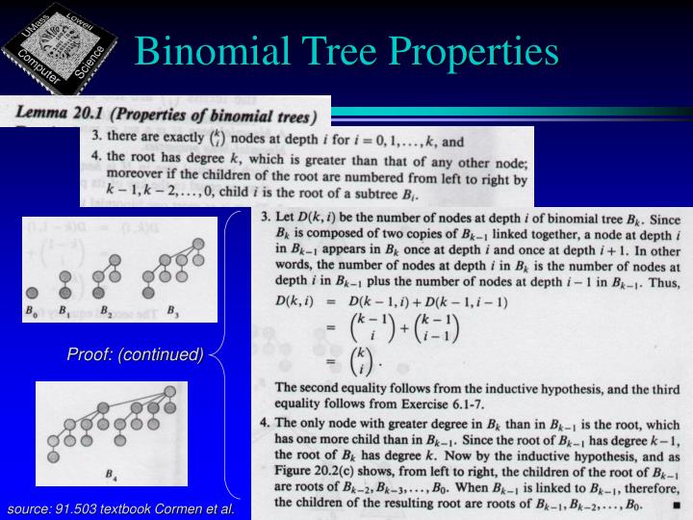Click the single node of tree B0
coord(33,293)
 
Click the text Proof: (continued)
coord(135,354)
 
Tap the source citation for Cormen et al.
coord(121,507)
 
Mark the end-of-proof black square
coord(677,503)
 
